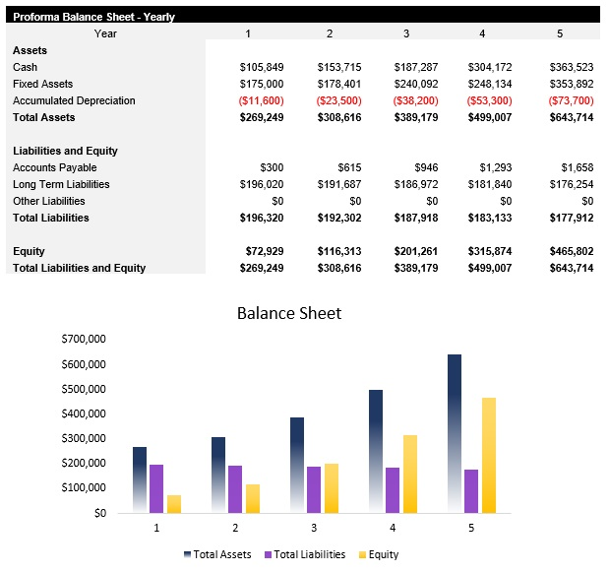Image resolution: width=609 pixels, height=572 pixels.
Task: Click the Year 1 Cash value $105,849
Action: coord(262,67)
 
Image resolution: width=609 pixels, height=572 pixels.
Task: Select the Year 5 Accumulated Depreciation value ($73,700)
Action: coord(568,100)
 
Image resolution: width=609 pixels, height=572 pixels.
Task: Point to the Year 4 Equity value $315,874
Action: coord(490,251)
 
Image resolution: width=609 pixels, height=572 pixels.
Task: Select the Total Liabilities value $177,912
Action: coord(568,218)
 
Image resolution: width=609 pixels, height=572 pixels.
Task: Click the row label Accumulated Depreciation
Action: coord(74,100)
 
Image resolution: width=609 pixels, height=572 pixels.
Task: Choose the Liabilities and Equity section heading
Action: coord(65,151)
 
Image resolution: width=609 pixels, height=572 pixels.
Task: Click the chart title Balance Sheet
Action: coord(289,313)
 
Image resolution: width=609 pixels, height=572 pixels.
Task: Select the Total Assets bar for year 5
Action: coord(454,433)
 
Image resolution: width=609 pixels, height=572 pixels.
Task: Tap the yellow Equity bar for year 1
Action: coord(174,503)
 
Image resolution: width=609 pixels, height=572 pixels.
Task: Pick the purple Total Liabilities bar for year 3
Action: coord(314,489)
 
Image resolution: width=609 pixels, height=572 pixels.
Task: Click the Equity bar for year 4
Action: coord(410,474)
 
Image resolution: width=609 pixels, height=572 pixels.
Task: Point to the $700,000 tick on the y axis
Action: coord(83,339)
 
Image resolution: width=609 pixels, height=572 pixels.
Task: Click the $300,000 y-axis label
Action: coord(83,438)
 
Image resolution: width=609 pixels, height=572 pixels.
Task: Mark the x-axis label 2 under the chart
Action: coord(235,529)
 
